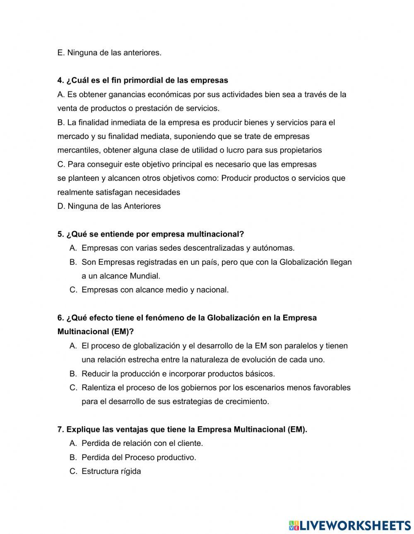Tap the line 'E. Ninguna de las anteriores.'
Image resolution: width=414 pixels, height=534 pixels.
pyautogui.click(x=109, y=53)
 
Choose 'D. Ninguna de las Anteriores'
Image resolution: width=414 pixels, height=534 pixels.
pyautogui.click(x=109, y=206)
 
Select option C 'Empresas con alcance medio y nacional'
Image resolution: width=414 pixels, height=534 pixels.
pyautogui.click(x=155, y=290)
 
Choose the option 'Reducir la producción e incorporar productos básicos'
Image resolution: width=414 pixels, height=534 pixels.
pyautogui.click(x=178, y=374)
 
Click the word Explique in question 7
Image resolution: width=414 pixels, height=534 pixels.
pyautogui.click(x=82, y=430)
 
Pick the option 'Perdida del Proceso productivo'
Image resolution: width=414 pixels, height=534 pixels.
pyautogui.click(x=139, y=457)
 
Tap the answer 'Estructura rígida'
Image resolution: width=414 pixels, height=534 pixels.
pyautogui.click(x=111, y=472)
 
